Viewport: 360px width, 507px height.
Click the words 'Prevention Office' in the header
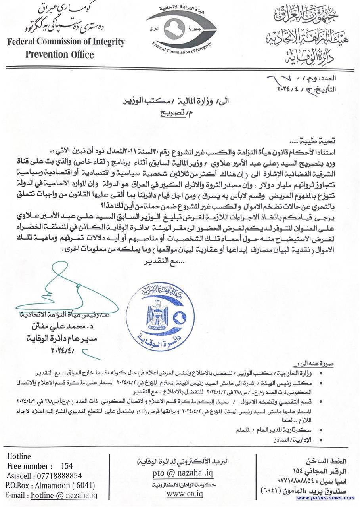click(x=60, y=54)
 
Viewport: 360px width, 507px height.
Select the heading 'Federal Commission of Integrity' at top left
click(x=66, y=42)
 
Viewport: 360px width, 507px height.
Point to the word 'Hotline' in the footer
click(x=19, y=457)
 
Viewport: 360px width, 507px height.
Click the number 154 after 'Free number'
click(x=67, y=466)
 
